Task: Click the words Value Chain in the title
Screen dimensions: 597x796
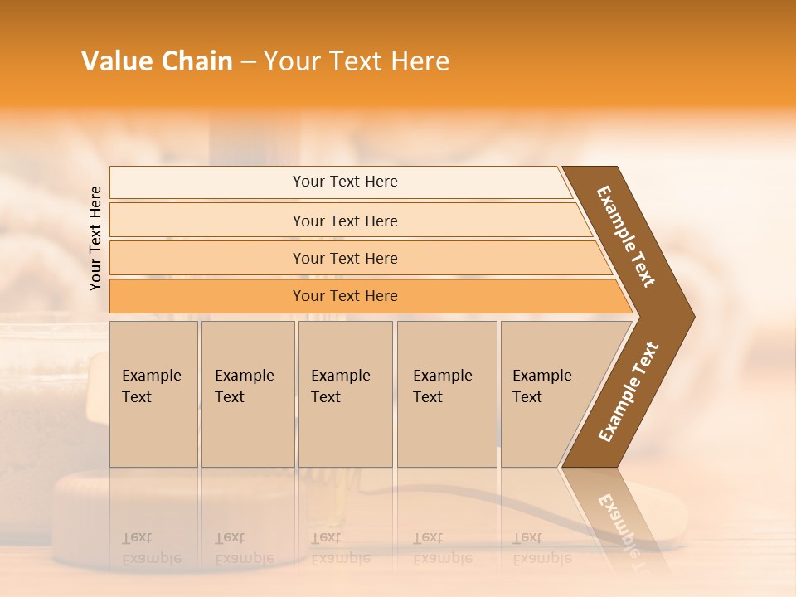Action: click(157, 61)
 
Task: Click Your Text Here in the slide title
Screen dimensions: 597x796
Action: click(357, 61)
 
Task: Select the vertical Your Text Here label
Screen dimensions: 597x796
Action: click(95, 238)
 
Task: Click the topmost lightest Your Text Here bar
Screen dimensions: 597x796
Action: click(344, 182)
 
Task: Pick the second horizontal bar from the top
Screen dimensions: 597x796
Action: click(344, 221)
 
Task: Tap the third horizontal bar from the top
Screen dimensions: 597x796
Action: click(344, 258)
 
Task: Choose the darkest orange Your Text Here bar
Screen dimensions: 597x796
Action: click(344, 296)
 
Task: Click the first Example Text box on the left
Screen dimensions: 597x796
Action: click(153, 394)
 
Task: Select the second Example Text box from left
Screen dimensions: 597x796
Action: click(247, 394)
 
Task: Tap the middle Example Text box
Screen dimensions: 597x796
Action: click(345, 394)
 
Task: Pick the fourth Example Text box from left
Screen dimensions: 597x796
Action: click(446, 394)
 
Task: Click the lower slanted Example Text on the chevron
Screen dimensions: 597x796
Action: click(629, 391)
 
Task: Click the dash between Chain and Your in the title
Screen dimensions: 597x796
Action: click(248, 61)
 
